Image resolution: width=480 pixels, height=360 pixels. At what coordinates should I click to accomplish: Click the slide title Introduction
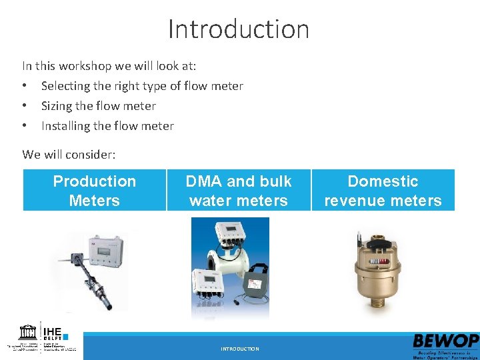click(x=239, y=29)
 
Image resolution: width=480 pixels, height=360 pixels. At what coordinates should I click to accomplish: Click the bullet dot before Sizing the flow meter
click(x=25, y=106)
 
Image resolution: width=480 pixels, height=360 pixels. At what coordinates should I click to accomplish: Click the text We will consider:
click(x=69, y=155)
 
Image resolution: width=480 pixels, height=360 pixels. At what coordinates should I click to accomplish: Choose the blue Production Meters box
click(x=94, y=191)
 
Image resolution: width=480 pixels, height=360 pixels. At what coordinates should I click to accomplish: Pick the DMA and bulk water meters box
click(x=239, y=191)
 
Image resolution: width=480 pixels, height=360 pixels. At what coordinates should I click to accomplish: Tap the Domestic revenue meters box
click(x=383, y=191)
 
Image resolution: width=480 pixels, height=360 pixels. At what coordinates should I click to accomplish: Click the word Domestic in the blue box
click(x=383, y=181)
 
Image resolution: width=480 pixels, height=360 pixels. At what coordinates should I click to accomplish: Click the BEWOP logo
click(x=445, y=345)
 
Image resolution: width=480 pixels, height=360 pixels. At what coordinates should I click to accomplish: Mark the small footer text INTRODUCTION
click(x=240, y=349)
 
